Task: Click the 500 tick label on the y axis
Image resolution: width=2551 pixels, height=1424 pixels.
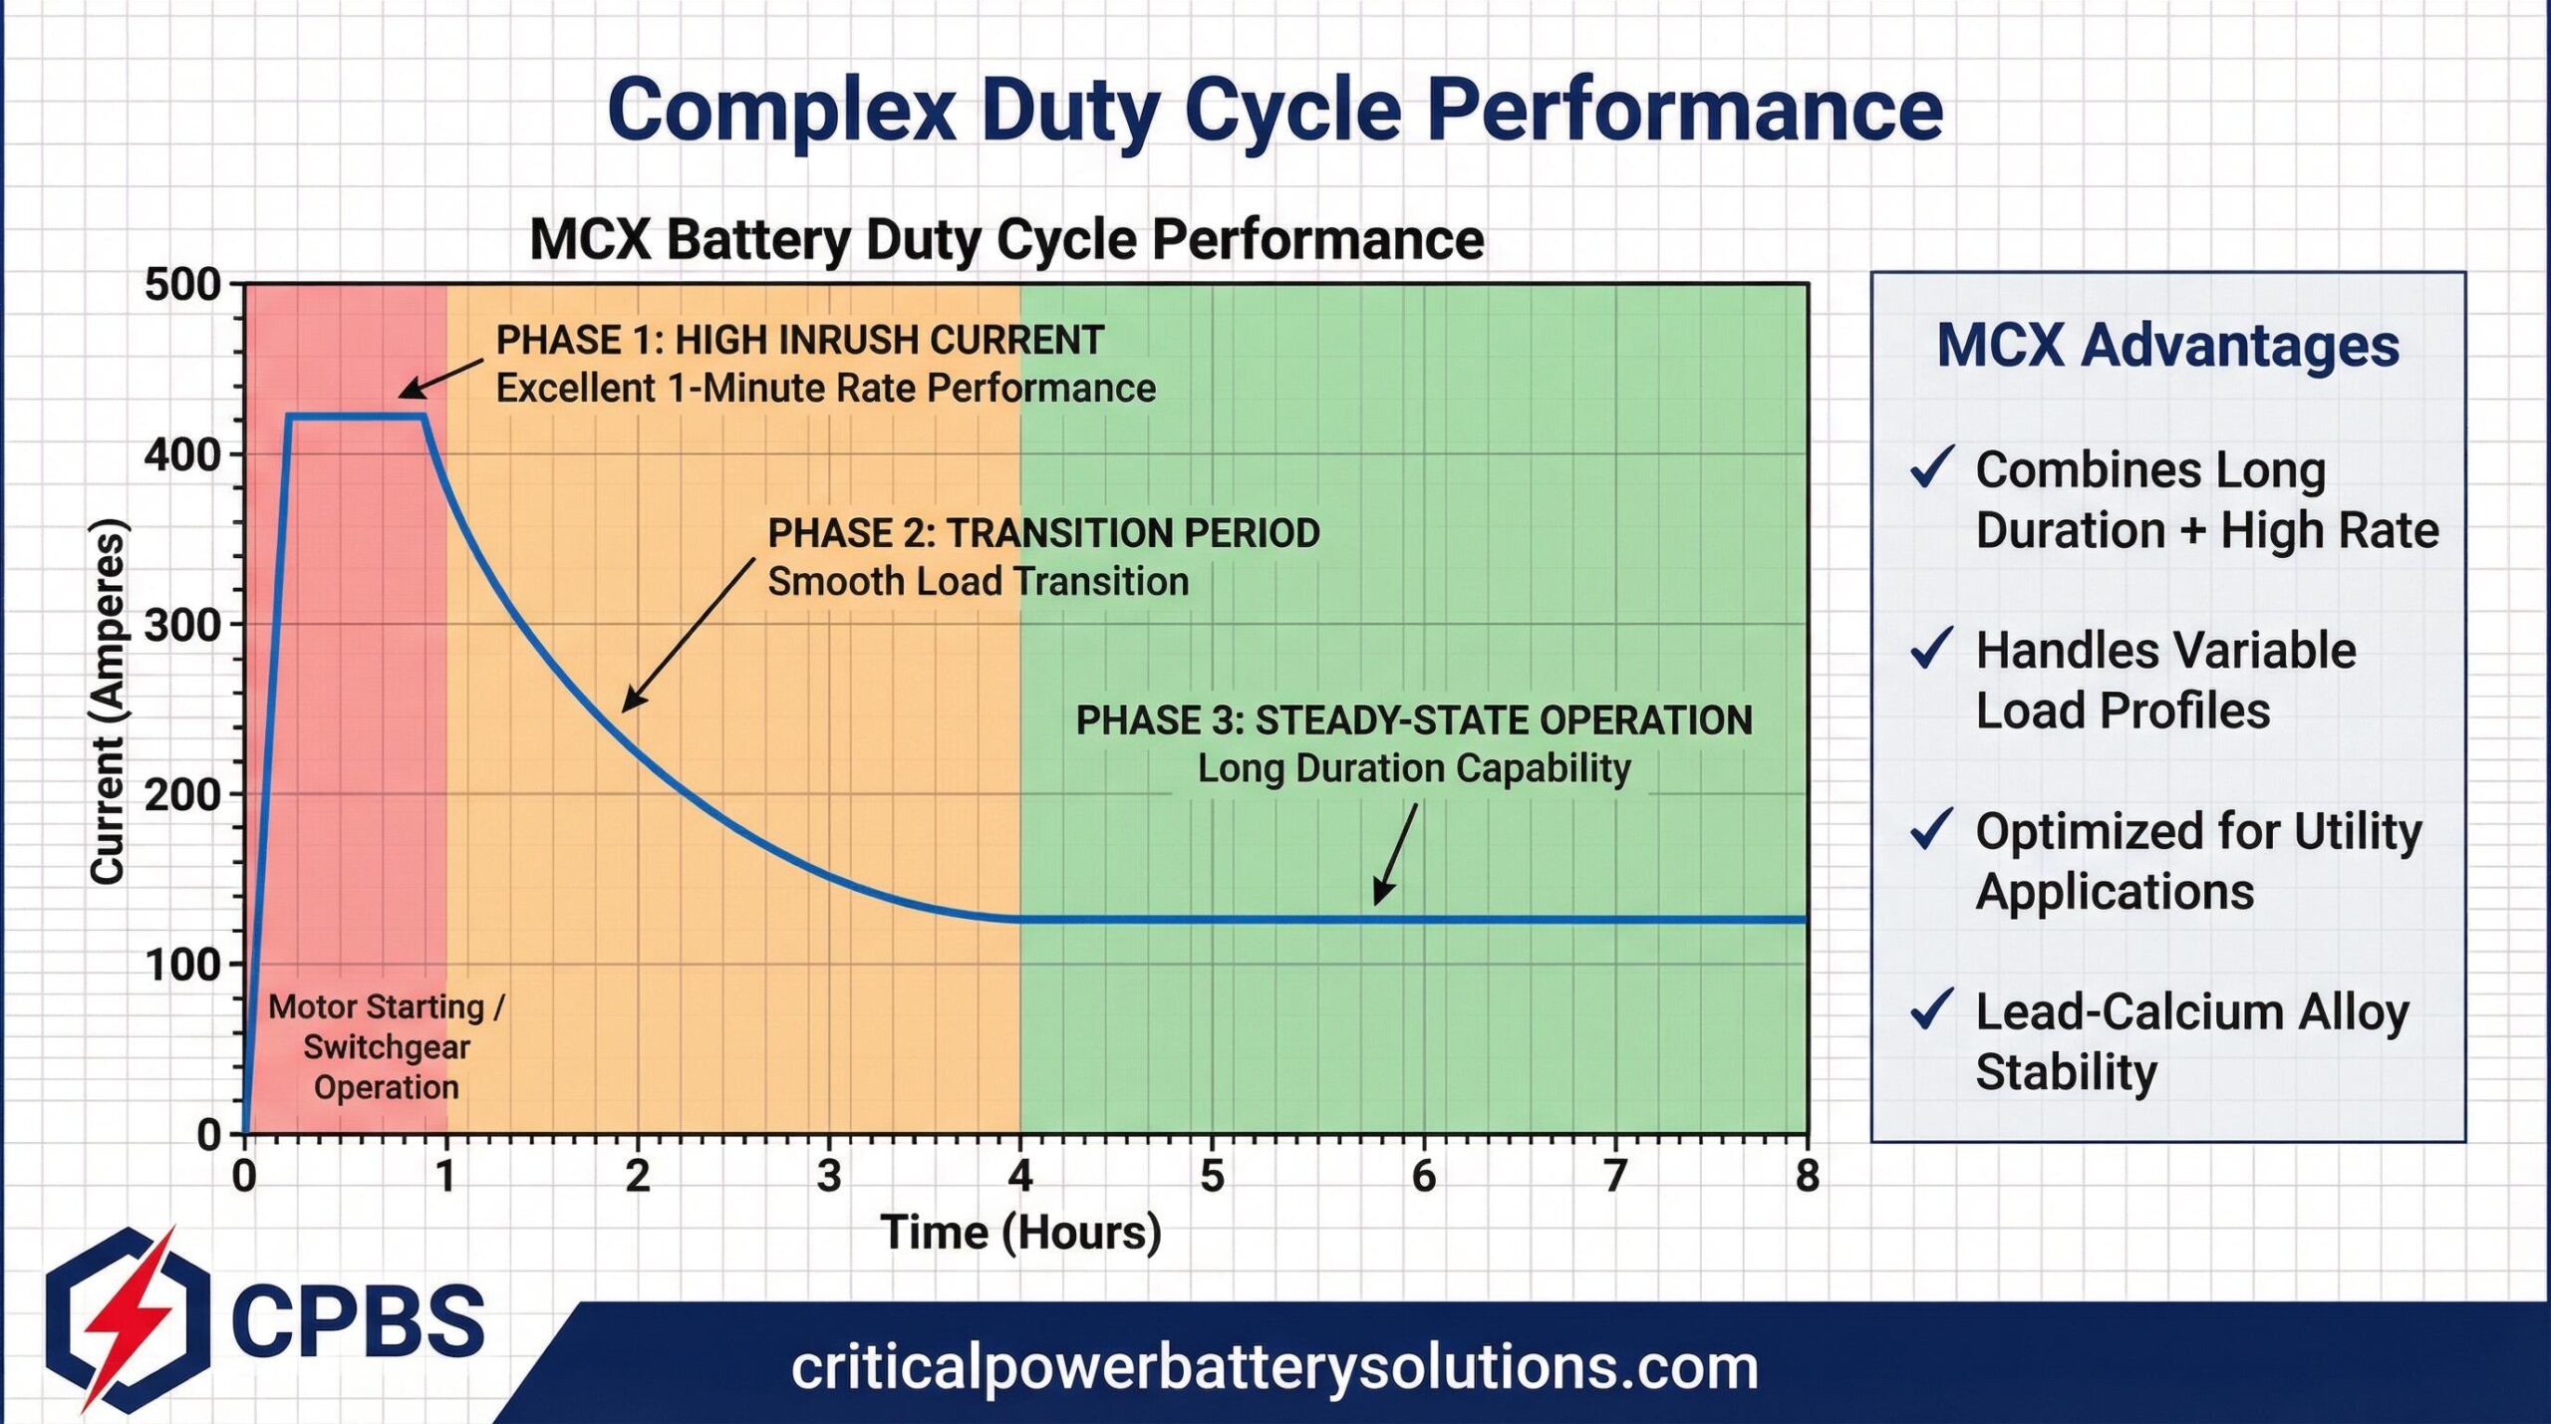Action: [182, 285]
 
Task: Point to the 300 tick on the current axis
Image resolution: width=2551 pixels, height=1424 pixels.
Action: [182, 626]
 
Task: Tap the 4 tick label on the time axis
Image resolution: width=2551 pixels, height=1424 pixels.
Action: [1019, 1177]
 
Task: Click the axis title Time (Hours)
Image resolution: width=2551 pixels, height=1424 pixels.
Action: [1020, 1233]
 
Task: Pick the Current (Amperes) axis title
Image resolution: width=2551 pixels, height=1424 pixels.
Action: [108, 702]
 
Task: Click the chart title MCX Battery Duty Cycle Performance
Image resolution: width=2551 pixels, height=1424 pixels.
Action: [1006, 240]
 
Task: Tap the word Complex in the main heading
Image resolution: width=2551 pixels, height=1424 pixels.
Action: [781, 110]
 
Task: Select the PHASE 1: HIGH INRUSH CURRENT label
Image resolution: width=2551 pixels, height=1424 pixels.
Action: [799, 341]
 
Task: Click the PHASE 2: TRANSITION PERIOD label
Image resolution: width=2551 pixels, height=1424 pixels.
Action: [1043, 533]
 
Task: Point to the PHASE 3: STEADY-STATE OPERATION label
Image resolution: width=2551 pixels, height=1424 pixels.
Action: [1413, 720]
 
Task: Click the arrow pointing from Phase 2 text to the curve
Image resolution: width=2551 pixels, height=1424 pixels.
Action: [688, 635]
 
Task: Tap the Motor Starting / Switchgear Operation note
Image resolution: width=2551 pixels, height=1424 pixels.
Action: [387, 1046]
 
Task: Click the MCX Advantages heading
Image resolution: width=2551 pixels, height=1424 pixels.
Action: [2167, 346]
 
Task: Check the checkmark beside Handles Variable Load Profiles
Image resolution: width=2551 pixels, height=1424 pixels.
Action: [1931, 649]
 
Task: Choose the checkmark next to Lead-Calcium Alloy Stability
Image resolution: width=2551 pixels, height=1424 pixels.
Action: [1931, 1009]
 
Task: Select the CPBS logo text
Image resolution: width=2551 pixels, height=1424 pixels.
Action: [358, 1320]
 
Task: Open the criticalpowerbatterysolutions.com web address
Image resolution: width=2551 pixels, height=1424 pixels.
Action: [1275, 1367]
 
